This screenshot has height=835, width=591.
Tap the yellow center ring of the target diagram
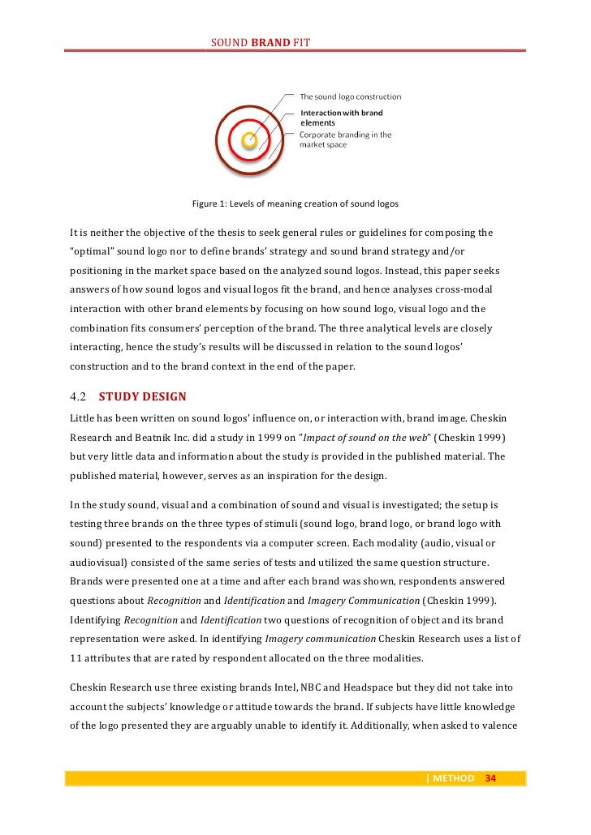pyautogui.click(x=250, y=141)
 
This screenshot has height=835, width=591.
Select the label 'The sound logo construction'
pyautogui.click(x=351, y=97)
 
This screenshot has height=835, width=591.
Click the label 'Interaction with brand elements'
pyautogui.click(x=341, y=118)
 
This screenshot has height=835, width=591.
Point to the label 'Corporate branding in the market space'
pyautogui.click(x=345, y=139)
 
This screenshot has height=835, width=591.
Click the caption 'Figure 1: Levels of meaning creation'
pyautogui.click(x=295, y=203)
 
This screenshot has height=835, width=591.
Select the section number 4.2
pyautogui.click(x=79, y=397)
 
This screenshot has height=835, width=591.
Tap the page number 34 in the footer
pyautogui.click(x=490, y=779)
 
